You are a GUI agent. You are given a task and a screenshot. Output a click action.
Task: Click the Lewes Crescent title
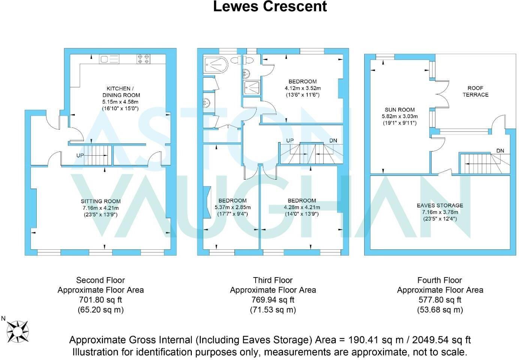(270, 6)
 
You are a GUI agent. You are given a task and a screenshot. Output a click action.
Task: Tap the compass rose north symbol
(17, 331)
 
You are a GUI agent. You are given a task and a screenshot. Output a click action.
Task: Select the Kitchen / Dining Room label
(121, 92)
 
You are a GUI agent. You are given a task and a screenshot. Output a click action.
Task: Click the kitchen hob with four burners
(144, 59)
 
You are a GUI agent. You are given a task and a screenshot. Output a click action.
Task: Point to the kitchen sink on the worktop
(109, 59)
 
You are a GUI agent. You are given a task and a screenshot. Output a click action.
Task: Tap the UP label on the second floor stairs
(80, 155)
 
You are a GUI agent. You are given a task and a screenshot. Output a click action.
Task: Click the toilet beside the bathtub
(236, 60)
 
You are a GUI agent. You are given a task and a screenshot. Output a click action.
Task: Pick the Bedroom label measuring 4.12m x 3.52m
(302, 81)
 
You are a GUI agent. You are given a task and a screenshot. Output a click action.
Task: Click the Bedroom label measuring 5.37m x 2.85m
(232, 201)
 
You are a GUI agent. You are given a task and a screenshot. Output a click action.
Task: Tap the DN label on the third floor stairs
(333, 141)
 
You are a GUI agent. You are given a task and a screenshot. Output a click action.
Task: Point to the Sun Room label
(399, 110)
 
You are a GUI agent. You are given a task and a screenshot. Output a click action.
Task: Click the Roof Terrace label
(475, 91)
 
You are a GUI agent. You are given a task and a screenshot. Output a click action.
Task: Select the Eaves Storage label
(440, 205)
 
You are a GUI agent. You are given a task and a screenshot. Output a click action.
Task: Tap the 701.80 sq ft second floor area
(100, 300)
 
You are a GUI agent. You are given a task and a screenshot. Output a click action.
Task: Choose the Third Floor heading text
(272, 280)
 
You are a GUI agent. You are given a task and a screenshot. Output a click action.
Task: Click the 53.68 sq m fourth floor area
(440, 310)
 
